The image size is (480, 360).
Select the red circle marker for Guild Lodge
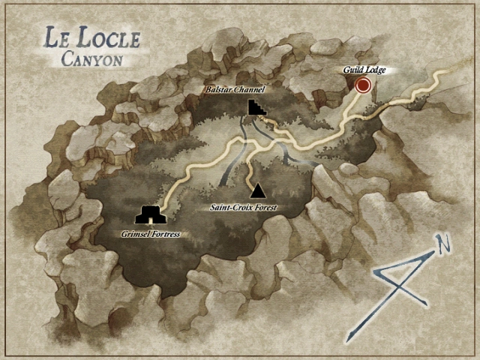click(364, 85)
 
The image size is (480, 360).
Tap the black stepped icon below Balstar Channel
click(256, 107)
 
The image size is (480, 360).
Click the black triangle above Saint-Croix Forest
click(257, 190)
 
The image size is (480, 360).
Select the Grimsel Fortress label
click(151, 234)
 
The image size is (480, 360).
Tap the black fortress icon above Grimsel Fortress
click(151, 216)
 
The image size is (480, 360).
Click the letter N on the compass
click(444, 244)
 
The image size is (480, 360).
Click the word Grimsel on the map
click(133, 234)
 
